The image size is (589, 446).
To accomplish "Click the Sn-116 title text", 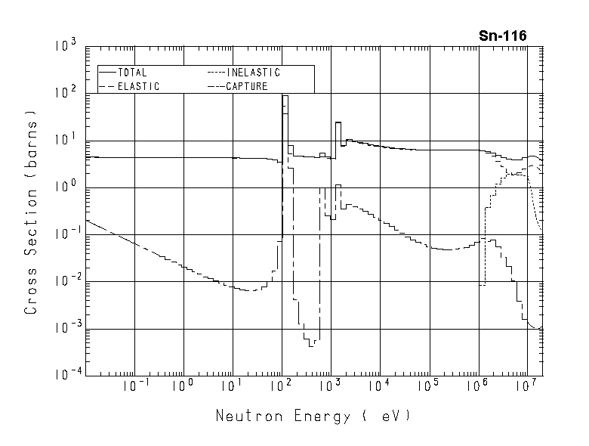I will click(503, 36).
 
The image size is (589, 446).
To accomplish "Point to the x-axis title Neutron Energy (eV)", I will click(314, 416).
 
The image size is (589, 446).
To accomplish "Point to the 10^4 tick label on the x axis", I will click(380, 385).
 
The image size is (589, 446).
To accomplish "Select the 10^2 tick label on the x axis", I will click(282, 385).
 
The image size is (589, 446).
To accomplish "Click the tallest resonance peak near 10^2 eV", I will click(285, 96).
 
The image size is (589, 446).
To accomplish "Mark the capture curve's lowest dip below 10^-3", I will click(311, 345).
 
